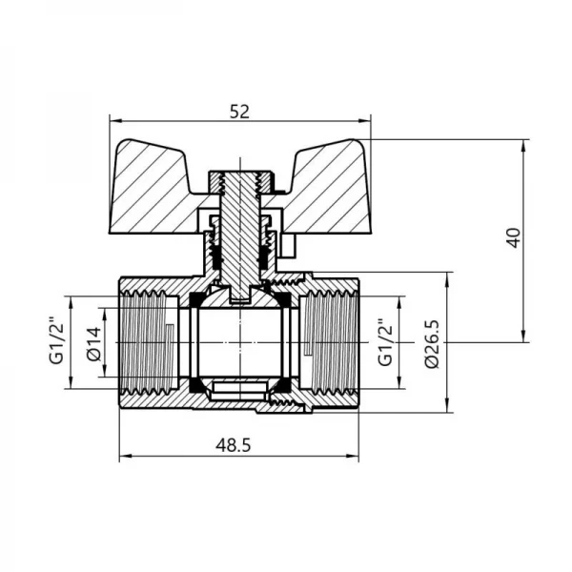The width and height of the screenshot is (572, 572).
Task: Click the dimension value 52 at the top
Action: pyautogui.click(x=239, y=111)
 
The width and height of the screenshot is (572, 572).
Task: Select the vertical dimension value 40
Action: pyautogui.click(x=515, y=238)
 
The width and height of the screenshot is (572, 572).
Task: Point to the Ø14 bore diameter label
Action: pyautogui.click(x=93, y=342)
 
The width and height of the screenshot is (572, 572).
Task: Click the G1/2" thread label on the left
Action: pyautogui.click(x=54, y=342)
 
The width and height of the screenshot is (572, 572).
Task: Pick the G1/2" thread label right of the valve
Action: pyautogui.click(x=385, y=342)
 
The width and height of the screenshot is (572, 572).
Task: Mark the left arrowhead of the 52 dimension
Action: pyautogui.click(x=113, y=121)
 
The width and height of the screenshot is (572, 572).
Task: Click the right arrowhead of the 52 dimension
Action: pyautogui.click(x=367, y=121)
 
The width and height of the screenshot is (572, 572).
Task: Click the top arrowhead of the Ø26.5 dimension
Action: pyautogui.click(x=448, y=276)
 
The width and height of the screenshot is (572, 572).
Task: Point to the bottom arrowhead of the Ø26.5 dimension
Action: pyautogui.click(x=448, y=409)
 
